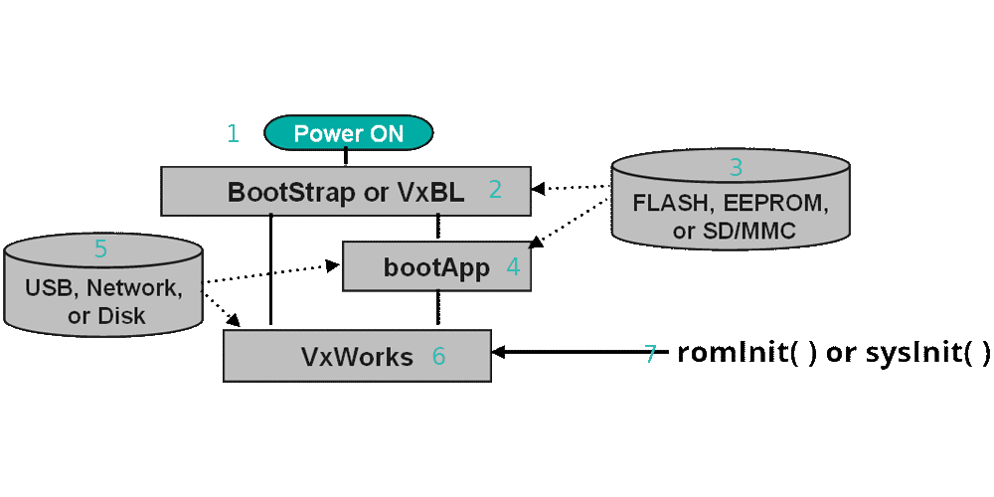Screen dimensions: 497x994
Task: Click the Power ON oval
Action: [x=348, y=133]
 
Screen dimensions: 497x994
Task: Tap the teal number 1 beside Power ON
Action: [x=233, y=133]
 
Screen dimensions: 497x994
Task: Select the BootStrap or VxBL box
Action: [x=346, y=191]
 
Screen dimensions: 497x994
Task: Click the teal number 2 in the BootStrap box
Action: [x=495, y=190]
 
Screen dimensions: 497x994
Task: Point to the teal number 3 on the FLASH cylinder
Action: [x=736, y=167]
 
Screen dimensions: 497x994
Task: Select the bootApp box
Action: [x=436, y=267]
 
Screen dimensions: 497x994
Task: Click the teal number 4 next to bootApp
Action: [x=513, y=266]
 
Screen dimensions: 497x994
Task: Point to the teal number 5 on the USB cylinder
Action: [x=100, y=248]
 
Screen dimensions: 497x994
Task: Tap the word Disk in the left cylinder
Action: [x=121, y=316]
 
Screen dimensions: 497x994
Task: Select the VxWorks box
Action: [x=357, y=356]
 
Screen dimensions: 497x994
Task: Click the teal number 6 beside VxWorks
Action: [x=439, y=355]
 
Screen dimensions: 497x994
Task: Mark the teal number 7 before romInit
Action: [x=651, y=354]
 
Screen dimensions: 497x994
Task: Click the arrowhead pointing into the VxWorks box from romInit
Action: [x=500, y=353]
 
